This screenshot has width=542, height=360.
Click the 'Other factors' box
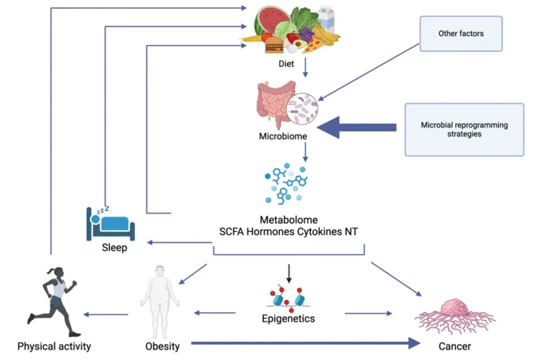click(461, 33)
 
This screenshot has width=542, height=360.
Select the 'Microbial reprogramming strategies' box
click(464, 130)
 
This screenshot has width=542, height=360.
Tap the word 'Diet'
click(286, 64)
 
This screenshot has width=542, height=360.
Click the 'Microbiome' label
click(283, 136)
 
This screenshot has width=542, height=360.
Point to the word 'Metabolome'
click(289, 220)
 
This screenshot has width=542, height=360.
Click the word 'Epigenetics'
click(289, 319)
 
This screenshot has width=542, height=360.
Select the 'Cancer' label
click(454, 346)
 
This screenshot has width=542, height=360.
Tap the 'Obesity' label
click(163, 346)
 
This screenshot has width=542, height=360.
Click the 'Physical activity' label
click(54, 346)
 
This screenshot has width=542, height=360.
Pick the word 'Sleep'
click(115, 248)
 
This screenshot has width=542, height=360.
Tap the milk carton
click(326, 19)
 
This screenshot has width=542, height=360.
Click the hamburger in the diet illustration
click(274, 45)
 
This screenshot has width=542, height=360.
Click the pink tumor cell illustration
click(455, 315)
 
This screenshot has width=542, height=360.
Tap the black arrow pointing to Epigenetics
click(289, 274)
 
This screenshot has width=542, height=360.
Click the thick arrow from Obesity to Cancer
click(306, 343)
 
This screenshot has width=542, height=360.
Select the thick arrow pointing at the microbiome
click(356, 127)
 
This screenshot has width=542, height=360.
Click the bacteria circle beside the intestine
click(302, 108)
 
